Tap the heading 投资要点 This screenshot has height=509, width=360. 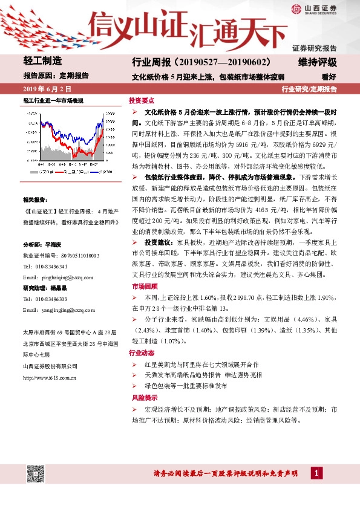[x=140, y=101]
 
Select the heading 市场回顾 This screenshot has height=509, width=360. [x=140, y=286]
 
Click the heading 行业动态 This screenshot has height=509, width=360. [x=140, y=352]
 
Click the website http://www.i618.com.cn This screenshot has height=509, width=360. [x=50, y=378]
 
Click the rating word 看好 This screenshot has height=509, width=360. [x=329, y=77]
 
